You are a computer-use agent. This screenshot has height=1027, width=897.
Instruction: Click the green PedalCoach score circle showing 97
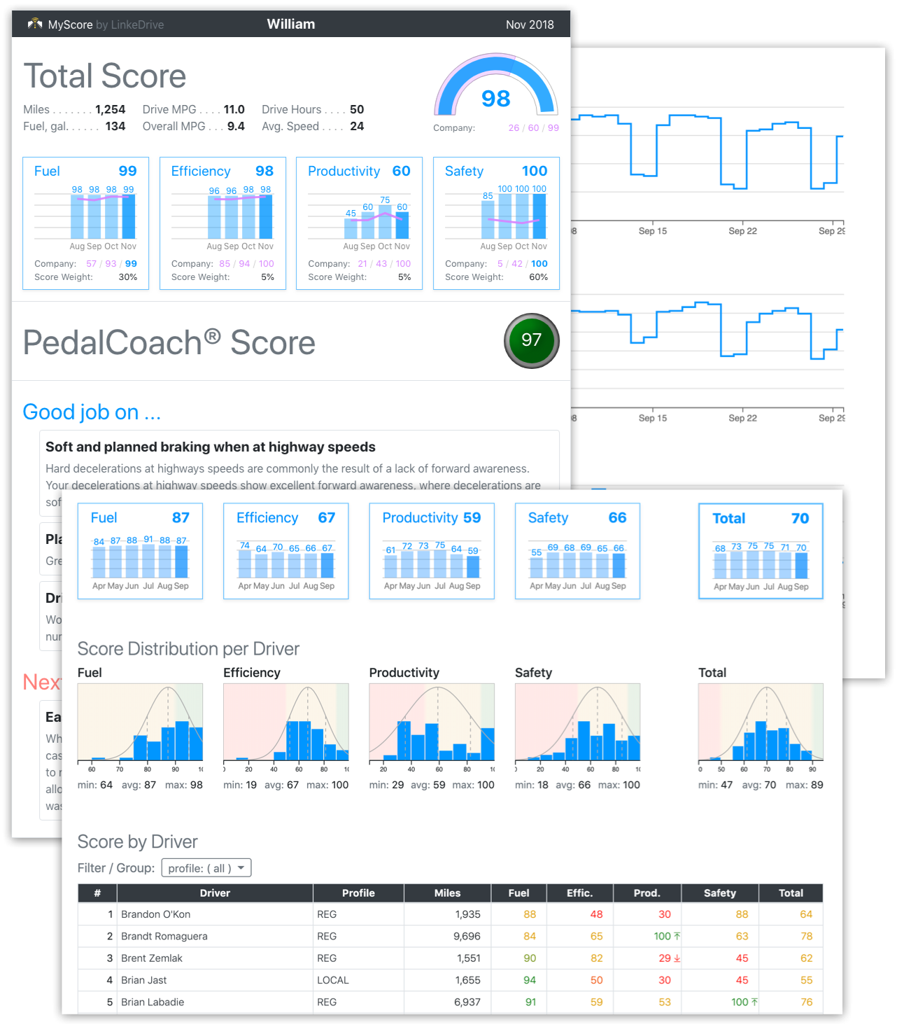531,341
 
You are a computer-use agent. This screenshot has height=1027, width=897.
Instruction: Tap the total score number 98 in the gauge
495,99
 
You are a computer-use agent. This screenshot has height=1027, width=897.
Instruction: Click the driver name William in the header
291,25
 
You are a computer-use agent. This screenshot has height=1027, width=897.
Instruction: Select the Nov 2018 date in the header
530,25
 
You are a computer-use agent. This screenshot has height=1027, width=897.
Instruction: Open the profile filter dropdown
206,868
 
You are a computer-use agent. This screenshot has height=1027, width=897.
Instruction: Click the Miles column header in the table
447,893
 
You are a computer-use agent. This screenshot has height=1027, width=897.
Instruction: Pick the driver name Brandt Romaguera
164,937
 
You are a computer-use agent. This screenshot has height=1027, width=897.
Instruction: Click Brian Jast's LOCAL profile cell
333,980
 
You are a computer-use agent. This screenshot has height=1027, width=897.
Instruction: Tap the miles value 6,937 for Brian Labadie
467,1002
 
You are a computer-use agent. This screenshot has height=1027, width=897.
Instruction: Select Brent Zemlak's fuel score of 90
530,958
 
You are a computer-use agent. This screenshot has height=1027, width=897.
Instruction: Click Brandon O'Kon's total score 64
806,915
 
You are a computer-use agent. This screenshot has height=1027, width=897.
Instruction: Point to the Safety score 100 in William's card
535,171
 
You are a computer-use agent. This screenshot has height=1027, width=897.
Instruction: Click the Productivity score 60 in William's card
401,171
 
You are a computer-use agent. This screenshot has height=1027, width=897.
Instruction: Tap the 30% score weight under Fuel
127,277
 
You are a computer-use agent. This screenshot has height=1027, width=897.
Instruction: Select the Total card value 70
800,519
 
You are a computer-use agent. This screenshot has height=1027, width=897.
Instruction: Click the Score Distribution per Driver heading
188,649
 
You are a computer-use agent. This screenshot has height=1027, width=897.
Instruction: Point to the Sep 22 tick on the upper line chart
742,231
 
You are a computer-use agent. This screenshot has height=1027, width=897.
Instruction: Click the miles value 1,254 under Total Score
110,110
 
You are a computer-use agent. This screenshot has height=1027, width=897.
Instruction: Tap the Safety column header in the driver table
719,893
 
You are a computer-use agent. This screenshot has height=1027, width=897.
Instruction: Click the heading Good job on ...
92,412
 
